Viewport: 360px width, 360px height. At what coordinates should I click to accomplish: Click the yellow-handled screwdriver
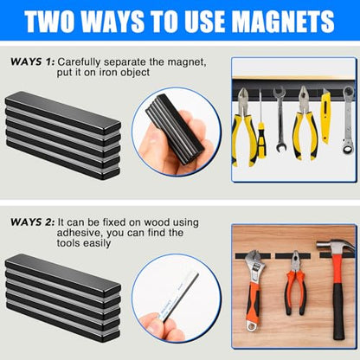(261, 130)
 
